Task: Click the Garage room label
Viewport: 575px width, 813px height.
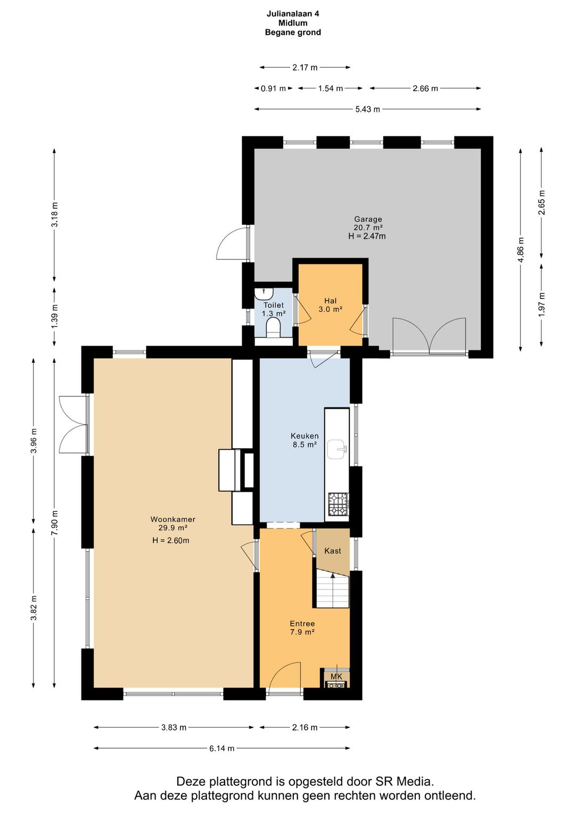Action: (368, 219)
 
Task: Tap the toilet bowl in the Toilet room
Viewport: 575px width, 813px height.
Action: (274, 327)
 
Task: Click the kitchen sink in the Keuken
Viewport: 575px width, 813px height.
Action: (338, 450)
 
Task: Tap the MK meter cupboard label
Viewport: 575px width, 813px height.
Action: (336, 677)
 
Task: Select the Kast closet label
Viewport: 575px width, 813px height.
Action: (333, 550)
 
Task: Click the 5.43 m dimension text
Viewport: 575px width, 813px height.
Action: (368, 109)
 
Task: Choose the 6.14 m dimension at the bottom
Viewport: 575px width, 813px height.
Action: (221, 748)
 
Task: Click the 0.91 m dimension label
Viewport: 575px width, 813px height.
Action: (273, 88)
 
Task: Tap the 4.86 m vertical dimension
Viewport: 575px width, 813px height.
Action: (521, 250)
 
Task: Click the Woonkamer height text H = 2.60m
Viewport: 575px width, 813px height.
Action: (171, 540)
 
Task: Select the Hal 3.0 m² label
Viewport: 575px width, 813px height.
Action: (331, 305)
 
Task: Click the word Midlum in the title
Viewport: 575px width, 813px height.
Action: (293, 23)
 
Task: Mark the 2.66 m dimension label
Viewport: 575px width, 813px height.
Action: (425, 88)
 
